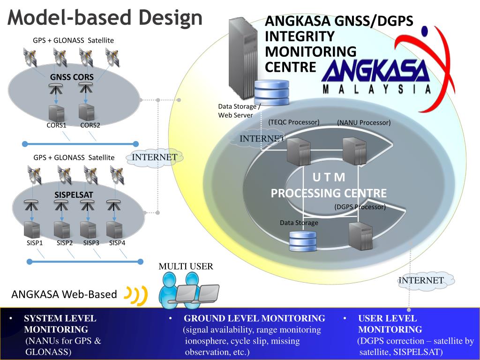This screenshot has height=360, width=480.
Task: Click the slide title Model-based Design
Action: [105, 18]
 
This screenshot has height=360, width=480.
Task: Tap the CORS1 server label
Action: [56, 125]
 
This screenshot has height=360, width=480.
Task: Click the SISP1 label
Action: [35, 243]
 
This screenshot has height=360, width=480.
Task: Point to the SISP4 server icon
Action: [114, 230]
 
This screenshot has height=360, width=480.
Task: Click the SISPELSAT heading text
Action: [74, 194]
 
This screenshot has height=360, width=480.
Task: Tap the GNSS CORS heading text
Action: [72, 77]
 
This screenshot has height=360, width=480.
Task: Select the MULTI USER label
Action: [186, 267]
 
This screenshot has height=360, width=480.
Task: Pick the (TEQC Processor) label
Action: [294, 122]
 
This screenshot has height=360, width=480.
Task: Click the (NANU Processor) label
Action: [364, 123]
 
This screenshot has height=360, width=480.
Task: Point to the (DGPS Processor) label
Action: [360, 207]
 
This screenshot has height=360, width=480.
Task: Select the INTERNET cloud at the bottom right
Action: [421, 280]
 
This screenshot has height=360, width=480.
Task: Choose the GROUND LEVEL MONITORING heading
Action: [254, 318]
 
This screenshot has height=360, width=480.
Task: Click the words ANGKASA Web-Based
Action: [64, 294]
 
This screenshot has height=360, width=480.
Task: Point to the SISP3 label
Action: [91, 243]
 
